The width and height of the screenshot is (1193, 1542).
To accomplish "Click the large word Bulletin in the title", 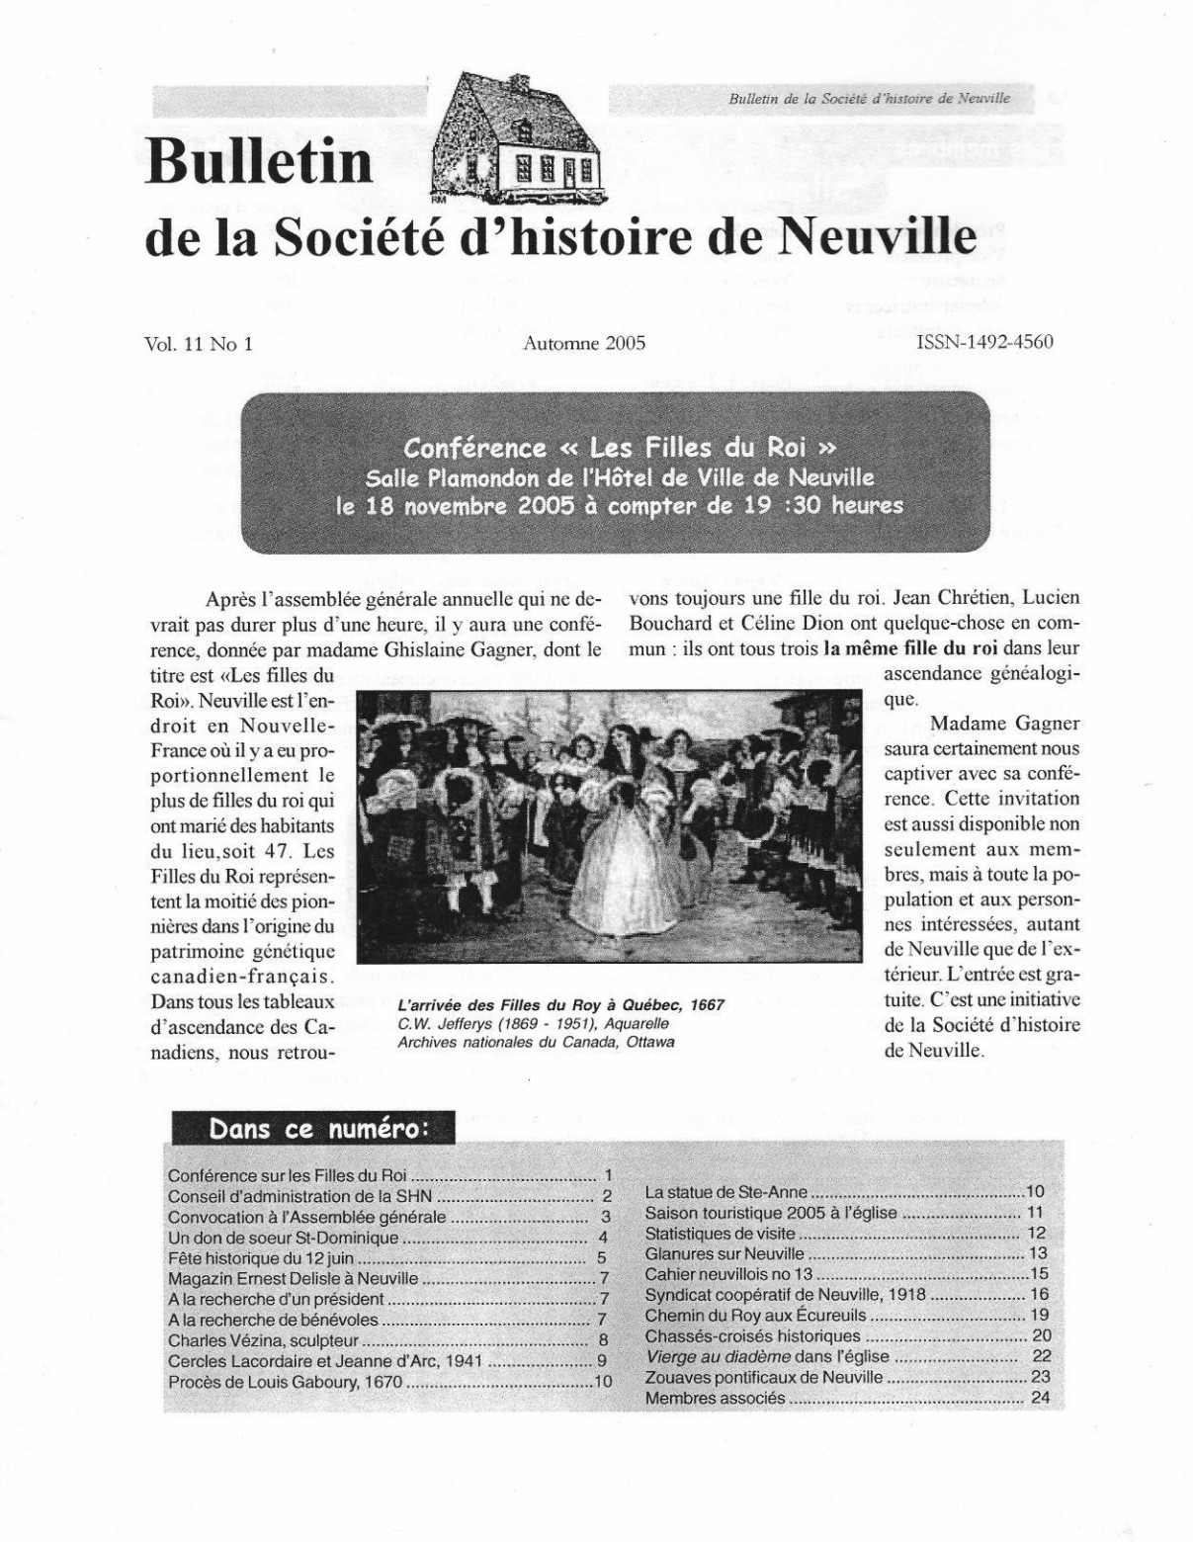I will pos(259,161).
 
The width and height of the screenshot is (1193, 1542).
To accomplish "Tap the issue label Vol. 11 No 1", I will pos(199,343).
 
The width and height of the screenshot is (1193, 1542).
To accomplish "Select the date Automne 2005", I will pos(585,343).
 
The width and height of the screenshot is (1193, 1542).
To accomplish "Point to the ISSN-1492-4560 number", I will pos(984,342).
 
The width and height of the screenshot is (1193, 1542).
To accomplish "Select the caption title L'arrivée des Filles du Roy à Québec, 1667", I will pos(560,1005).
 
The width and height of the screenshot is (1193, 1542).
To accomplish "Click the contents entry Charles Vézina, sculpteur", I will pos(263,1341).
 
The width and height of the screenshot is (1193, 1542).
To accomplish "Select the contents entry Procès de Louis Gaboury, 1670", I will pos(286,1382).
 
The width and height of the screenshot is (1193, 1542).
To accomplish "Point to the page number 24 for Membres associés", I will pos(1039,1398).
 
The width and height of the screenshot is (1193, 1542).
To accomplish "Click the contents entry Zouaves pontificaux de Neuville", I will pos(763,1377).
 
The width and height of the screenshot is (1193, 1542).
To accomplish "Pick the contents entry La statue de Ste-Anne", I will pos(725,1192).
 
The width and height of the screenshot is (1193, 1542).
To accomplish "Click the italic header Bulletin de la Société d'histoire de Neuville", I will pos(869,100).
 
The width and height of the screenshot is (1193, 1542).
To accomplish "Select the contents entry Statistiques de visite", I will pos(720,1234).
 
